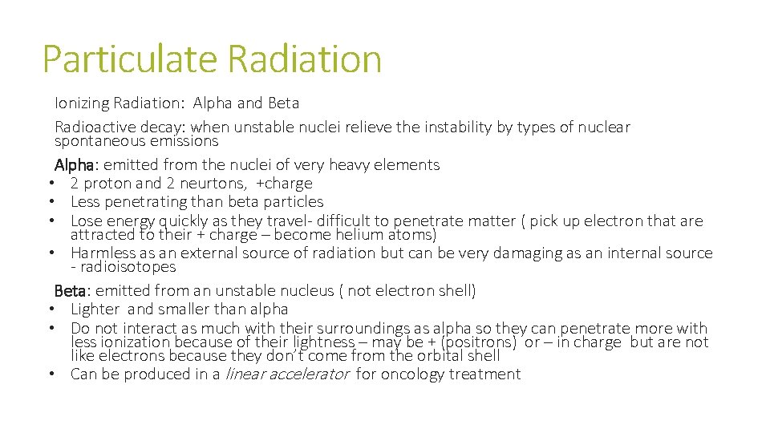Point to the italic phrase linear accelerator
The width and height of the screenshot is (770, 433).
click(x=287, y=374)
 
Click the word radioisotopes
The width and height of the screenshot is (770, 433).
click(x=127, y=267)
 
